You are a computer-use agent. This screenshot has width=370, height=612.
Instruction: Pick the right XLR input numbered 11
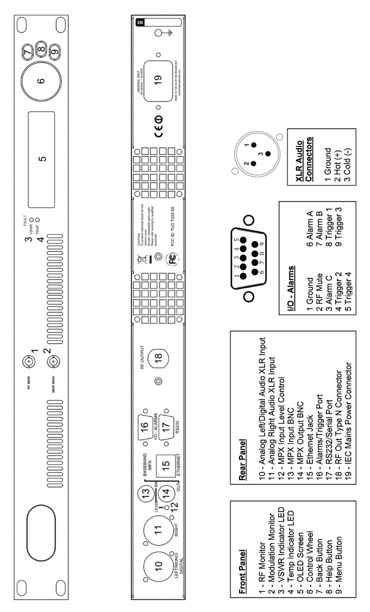(x=158, y=522)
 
